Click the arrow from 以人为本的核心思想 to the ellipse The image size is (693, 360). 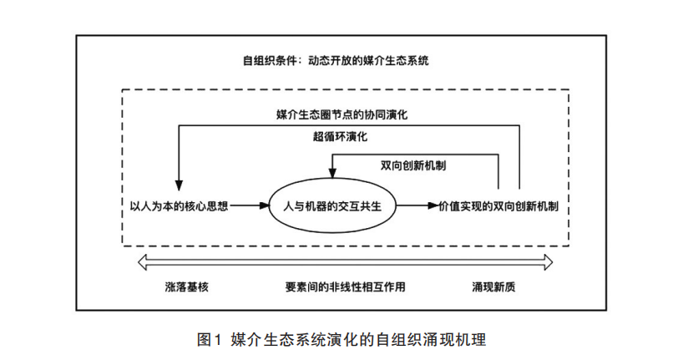tap(251, 205)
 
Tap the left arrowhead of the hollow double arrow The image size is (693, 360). tap(143, 263)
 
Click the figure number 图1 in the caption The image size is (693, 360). tap(206, 339)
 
